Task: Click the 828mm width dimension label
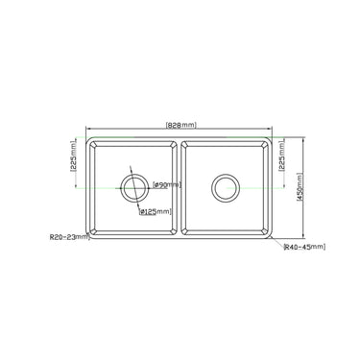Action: [180, 125]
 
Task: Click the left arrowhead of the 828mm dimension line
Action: [89, 126]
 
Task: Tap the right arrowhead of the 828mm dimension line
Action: [270, 126]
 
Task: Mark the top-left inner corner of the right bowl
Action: [187, 145]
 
